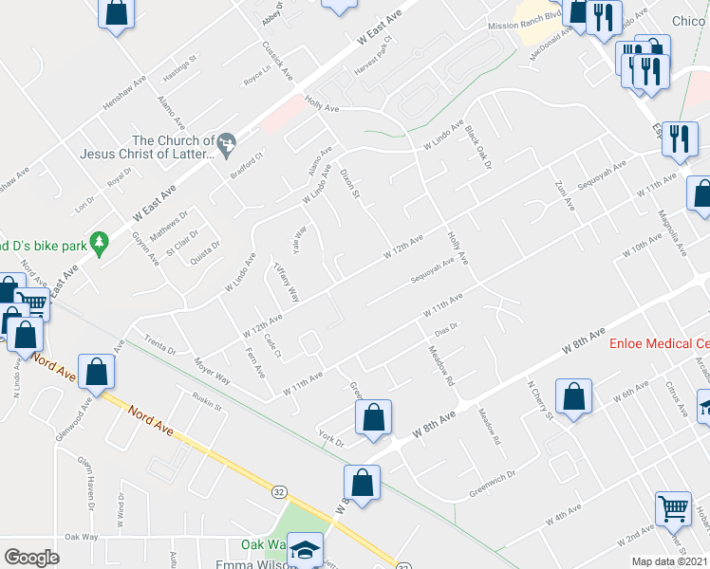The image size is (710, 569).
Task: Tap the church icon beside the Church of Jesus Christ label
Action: click(225, 144)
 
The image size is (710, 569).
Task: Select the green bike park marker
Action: click(97, 244)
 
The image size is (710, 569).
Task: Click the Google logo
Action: click(31, 557)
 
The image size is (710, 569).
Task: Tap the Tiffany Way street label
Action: click(287, 281)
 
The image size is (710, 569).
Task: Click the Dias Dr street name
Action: click(445, 327)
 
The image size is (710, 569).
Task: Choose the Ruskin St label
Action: click(206, 402)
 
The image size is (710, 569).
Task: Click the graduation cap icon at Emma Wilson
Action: click(306, 548)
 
